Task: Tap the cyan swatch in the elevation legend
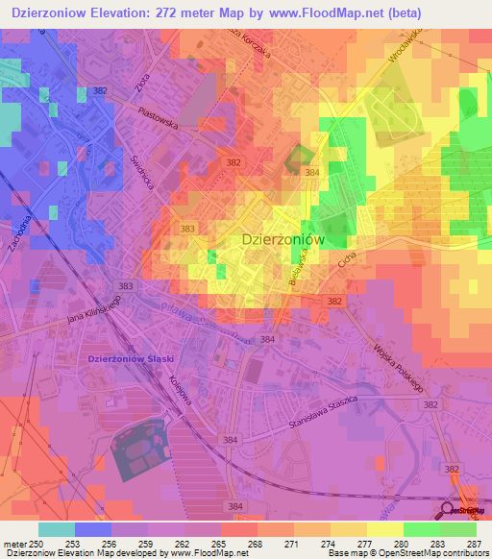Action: point(57,529)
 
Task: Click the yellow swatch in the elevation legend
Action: point(385,529)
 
